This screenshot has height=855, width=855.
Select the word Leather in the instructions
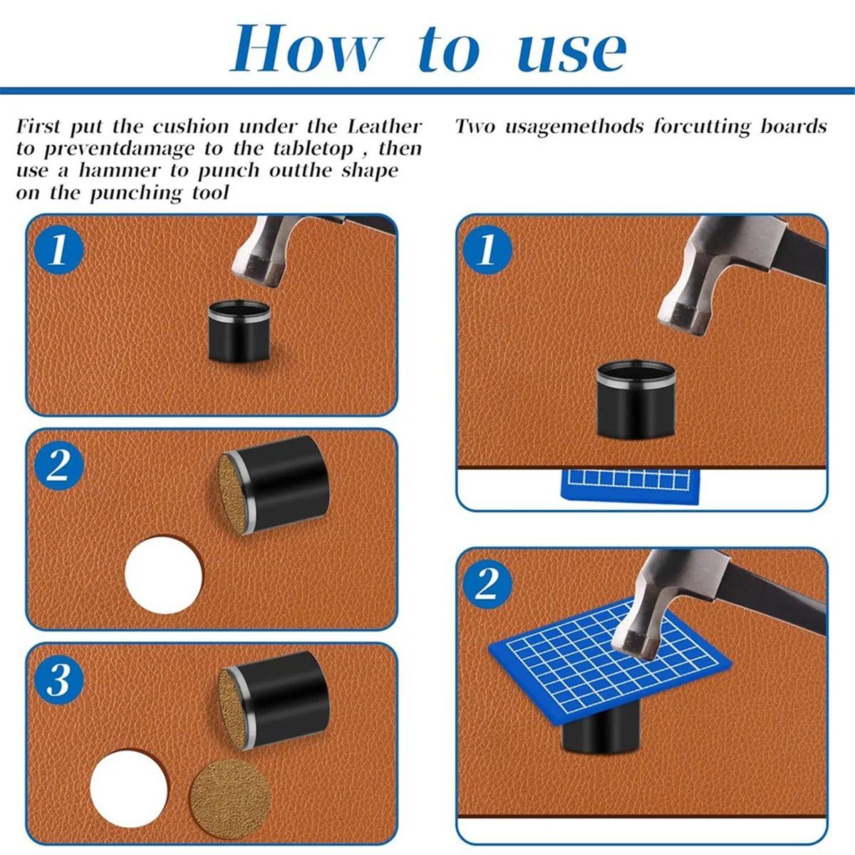tap(385, 127)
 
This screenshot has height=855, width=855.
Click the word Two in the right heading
tap(475, 127)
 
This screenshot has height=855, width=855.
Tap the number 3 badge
tap(58, 680)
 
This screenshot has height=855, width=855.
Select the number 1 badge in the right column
tap(487, 250)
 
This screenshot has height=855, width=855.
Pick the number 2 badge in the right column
tap(487, 584)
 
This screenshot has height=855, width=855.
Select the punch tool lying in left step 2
tap(274, 484)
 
